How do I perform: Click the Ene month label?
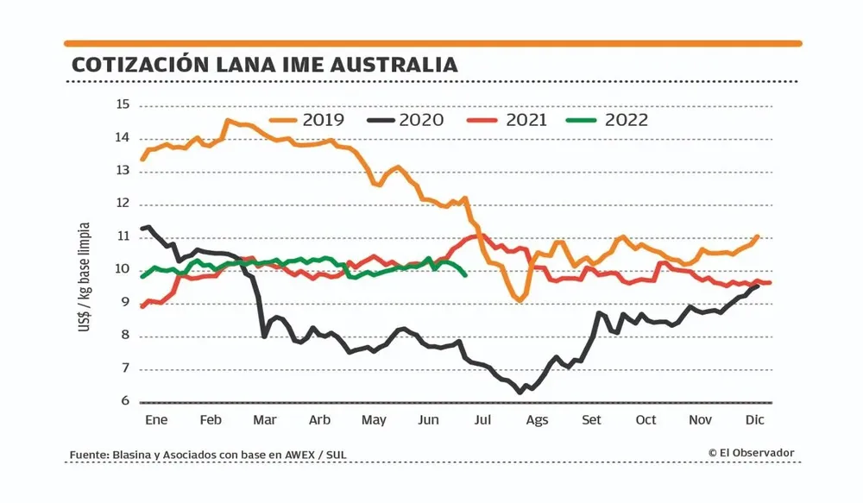[x=155, y=420]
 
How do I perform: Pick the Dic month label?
[x=756, y=420]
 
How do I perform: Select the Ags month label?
[x=537, y=420]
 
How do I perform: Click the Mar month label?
[x=264, y=420]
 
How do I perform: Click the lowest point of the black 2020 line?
[x=520, y=393]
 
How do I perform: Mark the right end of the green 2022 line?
[x=465, y=274]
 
